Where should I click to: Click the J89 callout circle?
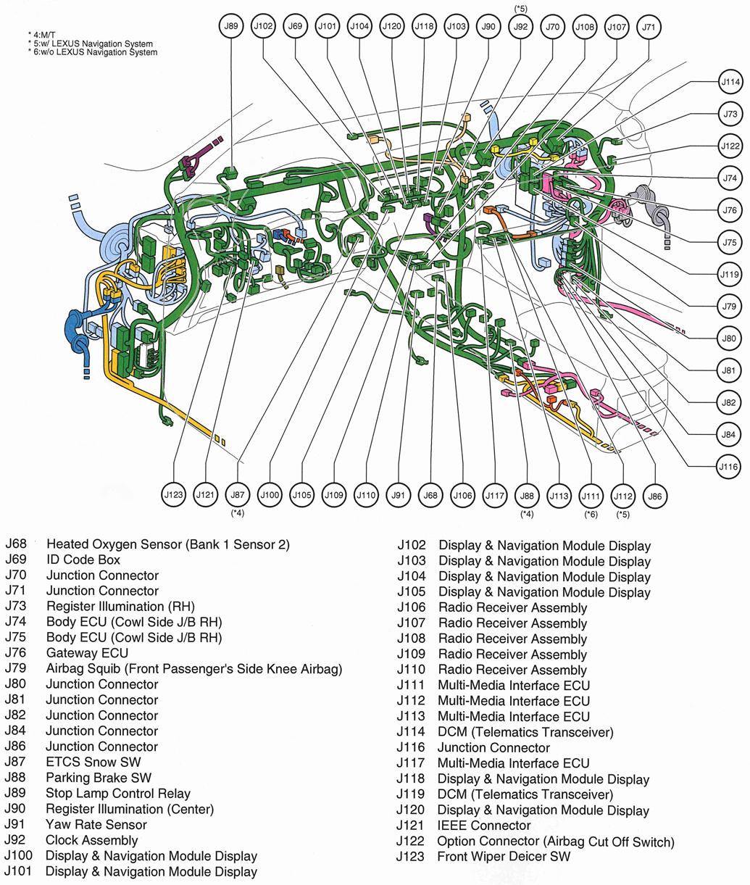click(x=231, y=27)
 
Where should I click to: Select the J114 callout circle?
click(x=730, y=83)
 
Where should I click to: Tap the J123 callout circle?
click(x=174, y=495)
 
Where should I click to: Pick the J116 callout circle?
click(x=729, y=467)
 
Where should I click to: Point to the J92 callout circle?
click(x=520, y=27)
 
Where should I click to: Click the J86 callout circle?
click(x=655, y=496)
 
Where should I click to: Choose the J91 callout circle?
click(x=398, y=496)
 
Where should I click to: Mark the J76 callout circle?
click(x=730, y=210)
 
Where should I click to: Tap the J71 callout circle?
click(x=649, y=28)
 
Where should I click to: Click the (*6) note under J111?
click(x=591, y=515)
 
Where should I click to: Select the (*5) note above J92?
click(x=520, y=8)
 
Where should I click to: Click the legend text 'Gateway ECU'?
click(x=87, y=653)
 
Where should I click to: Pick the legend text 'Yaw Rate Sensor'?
click(x=96, y=825)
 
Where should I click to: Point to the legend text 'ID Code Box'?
click(x=83, y=560)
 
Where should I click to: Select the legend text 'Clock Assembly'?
click(x=91, y=840)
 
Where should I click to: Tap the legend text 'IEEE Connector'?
click(x=483, y=826)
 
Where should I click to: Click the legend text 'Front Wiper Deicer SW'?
click(x=504, y=857)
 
